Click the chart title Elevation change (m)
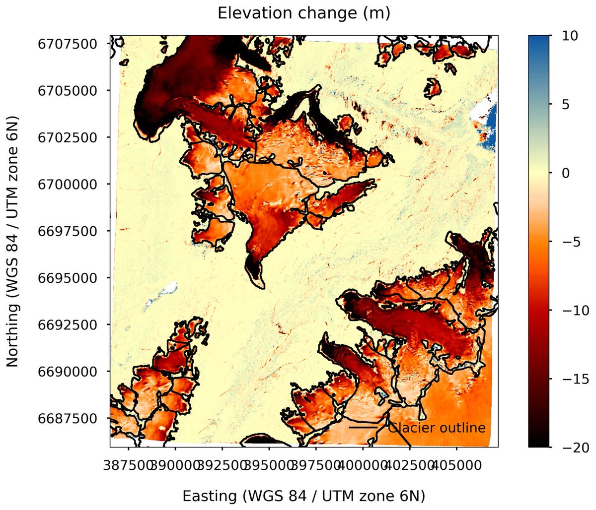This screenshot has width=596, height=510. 304,13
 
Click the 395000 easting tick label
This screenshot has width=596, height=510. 269,466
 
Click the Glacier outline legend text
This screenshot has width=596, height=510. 436,428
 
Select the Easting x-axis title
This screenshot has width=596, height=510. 304,496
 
